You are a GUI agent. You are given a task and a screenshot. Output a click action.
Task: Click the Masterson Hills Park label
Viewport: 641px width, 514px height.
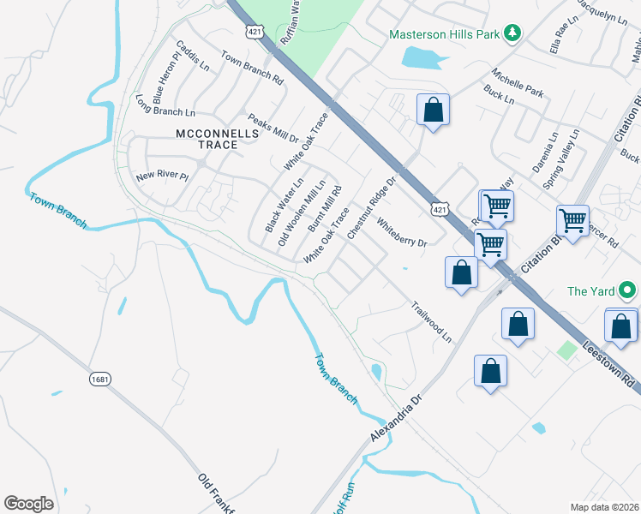coord(443,35)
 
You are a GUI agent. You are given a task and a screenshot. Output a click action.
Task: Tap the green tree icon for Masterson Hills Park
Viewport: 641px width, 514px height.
coord(512,33)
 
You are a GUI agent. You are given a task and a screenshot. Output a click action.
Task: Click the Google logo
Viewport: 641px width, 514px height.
coord(28,503)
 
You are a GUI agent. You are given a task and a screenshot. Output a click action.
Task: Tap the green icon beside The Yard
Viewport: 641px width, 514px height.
coord(628,291)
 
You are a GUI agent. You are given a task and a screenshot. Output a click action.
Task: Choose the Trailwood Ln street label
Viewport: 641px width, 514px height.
coord(431,321)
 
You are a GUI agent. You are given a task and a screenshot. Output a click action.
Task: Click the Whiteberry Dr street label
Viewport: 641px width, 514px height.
coord(401,235)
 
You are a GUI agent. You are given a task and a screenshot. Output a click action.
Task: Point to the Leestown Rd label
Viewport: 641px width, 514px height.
coord(609,361)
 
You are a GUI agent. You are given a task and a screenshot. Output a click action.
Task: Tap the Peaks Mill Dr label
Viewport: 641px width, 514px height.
coord(273,128)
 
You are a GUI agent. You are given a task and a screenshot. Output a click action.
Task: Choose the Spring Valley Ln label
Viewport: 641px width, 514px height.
coord(562,159)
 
